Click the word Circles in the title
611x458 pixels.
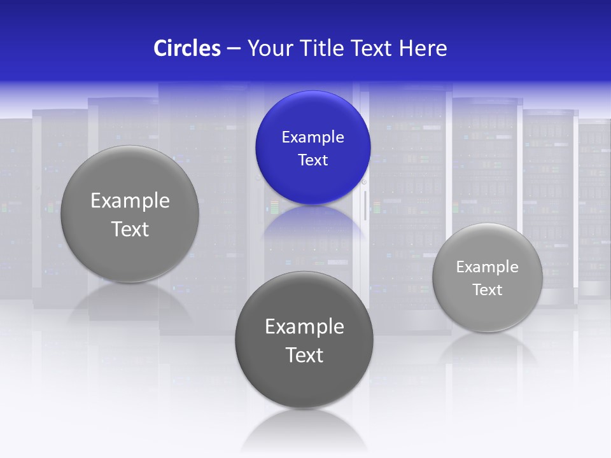(187, 48)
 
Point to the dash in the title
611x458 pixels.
(234, 49)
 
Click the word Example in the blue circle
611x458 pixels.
(313, 137)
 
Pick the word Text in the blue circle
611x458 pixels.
(313, 160)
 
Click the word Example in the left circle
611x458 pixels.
(130, 201)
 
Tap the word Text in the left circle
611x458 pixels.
(130, 229)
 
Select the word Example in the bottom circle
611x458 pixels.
(304, 327)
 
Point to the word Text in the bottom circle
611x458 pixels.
(304, 355)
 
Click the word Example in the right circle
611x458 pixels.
(487, 267)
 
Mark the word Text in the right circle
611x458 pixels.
(487, 290)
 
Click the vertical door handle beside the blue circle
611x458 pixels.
(365, 205)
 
